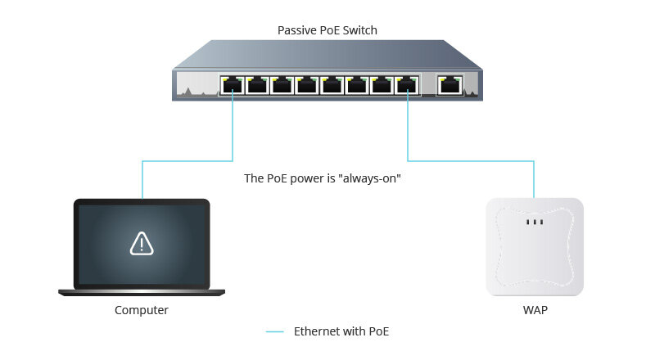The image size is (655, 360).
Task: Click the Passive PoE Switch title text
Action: click(x=327, y=30)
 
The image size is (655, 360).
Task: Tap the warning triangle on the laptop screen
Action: click(x=142, y=242)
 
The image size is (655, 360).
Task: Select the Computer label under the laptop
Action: click(x=142, y=310)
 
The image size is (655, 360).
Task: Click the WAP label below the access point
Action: click(x=535, y=310)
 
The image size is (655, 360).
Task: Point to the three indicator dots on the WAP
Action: click(x=535, y=222)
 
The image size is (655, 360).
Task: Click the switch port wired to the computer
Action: click(x=233, y=84)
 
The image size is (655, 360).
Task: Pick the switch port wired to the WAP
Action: click(x=407, y=84)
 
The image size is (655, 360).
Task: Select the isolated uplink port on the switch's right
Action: click(x=449, y=84)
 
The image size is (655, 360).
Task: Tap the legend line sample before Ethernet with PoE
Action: click(x=275, y=331)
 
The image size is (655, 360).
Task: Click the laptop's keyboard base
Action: click(x=142, y=292)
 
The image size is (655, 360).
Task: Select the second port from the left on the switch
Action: click(x=258, y=84)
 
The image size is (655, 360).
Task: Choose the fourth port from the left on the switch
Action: click(x=308, y=84)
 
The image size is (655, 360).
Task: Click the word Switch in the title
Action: click(x=359, y=30)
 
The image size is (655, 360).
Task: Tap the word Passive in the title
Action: click(x=296, y=30)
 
